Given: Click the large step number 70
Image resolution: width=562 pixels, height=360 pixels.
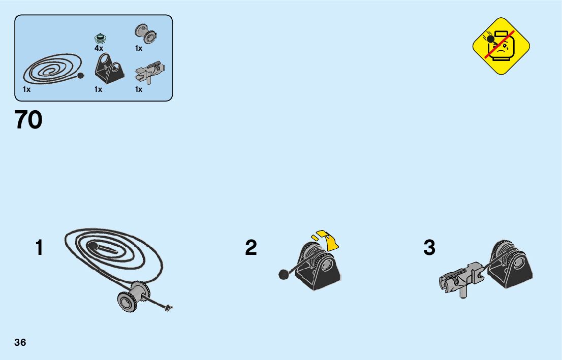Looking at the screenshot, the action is (x=29, y=120).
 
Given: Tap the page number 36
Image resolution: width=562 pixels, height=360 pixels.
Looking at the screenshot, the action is (x=20, y=342).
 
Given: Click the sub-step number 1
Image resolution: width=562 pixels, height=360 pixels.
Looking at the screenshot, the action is (x=39, y=248).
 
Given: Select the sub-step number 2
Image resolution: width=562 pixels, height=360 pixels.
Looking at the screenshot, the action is (x=251, y=248).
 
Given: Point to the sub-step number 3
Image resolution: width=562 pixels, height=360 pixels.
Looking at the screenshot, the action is (x=429, y=248).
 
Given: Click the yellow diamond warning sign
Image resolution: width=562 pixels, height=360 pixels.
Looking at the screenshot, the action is (x=501, y=46).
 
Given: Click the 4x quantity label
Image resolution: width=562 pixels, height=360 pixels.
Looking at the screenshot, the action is (x=99, y=48).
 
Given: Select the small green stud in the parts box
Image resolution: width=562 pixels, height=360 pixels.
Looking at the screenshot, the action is (x=100, y=38).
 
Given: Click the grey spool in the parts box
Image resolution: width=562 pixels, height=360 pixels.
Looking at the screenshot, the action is (x=145, y=34).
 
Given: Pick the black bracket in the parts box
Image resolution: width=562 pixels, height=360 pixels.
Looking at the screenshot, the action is (x=110, y=69).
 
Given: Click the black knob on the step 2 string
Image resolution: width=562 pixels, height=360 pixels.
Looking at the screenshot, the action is (x=283, y=275).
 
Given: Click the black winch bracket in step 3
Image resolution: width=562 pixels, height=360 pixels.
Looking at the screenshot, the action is (x=512, y=266).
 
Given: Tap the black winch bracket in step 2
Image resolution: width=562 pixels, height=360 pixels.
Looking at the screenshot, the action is (x=319, y=267).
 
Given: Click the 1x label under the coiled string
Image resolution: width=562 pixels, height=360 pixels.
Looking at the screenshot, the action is (x=26, y=89).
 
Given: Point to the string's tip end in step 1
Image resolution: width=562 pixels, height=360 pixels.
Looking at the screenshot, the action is (x=170, y=306).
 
